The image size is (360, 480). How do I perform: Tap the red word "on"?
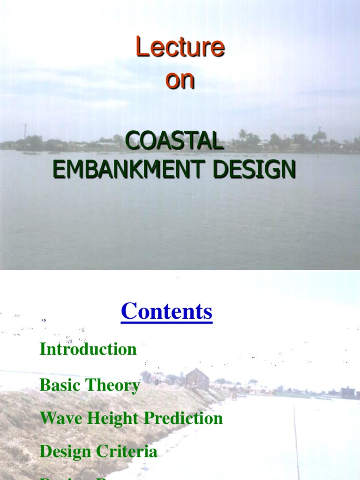(180, 81)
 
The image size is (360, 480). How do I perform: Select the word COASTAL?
(174, 141)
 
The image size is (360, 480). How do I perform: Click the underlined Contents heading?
(166, 312)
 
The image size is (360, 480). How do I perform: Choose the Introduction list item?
(88, 349)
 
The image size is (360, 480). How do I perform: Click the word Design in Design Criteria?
(66, 452)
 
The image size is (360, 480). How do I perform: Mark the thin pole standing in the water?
(297, 441)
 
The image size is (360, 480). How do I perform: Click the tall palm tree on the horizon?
(242, 135)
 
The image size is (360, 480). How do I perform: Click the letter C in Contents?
(128, 312)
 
